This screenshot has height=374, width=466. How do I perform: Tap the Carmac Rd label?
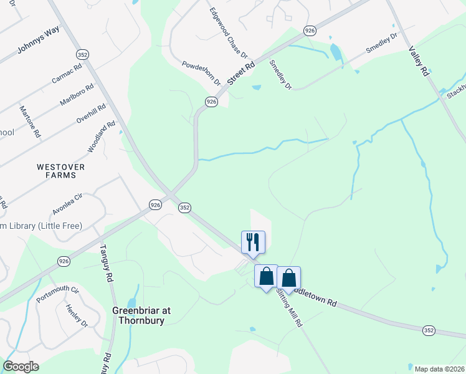pyautogui.click(x=67, y=73)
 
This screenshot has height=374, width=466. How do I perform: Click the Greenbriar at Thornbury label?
pyautogui.click(x=141, y=315)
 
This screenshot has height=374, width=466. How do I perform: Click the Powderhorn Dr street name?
pyautogui.click(x=201, y=73)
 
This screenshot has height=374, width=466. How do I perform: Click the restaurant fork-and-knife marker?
pyautogui.click(x=253, y=242)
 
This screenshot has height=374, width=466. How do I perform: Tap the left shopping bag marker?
pyautogui.click(x=266, y=277)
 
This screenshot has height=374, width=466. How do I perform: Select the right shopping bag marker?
pyautogui.click(x=289, y=278)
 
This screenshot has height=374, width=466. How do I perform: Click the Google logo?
pyautogui.click(x=21, y=367)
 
